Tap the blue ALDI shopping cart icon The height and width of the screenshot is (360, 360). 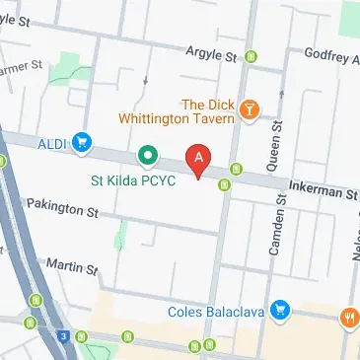coord(81,144)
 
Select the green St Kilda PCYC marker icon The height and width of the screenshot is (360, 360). coord(148,155)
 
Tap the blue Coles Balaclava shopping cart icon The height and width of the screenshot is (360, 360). coord(282,310)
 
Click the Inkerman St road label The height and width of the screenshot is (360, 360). coord(322,189)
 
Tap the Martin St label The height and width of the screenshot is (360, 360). coord(71,266)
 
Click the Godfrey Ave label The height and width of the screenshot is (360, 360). coord(330,55)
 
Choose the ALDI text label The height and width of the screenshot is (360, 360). coord(51,144)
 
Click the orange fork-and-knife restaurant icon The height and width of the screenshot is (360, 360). coord(349,318)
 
